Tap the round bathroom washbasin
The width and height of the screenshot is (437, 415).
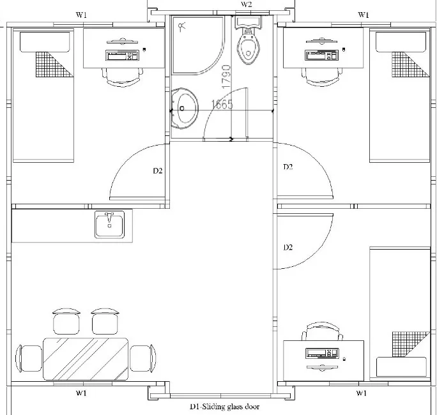pos(184,108)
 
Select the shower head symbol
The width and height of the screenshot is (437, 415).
pos(182,27)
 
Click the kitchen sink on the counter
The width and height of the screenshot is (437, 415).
pos(109,225)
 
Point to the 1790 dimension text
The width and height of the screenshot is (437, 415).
pos(226,77)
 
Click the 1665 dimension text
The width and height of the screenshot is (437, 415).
pos(222,105)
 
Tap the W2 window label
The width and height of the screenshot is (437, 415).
pos(247,4)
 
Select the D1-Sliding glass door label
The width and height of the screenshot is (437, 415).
pos(225,407)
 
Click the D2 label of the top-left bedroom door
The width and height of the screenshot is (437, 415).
pos(157,170)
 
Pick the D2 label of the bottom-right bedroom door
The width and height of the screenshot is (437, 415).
pos(288,247)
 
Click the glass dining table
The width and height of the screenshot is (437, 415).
pos(86,359)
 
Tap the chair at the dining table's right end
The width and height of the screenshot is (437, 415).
pos(143,358)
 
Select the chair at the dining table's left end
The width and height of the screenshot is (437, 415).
pos(29,358)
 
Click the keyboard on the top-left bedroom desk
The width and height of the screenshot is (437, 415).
pos(122,56)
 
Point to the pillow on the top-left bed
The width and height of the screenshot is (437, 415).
pos(45,41)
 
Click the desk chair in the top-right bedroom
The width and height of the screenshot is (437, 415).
pos(322,76)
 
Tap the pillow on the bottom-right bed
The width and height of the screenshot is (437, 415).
pos(401,367)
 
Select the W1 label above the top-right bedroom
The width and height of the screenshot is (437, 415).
pos(364,15)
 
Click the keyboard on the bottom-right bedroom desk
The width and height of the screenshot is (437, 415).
pos(322,353)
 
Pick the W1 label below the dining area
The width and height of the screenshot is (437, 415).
pos(81,393)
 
